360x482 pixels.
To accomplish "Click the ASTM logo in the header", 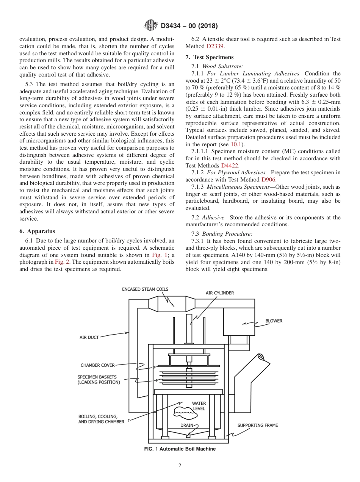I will click(x=152, y=26).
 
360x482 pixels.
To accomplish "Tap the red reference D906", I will click(x=269, y=179).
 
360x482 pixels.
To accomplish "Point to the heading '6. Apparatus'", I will click(x=37, y=231).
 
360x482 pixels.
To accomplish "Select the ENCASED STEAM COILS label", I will click(x=145, y=289).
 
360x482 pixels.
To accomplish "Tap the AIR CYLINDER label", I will click(x=220, y=293).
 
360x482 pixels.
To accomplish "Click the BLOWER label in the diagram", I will click(x=274, y=321).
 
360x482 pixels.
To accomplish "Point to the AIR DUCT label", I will click(x=89, y=337).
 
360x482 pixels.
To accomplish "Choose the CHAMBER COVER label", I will click(x=97, y=365).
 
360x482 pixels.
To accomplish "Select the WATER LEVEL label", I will click(x=199, y=406).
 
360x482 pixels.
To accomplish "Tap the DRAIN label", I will click(x=187, y=425).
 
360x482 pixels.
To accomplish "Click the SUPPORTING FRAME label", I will click(x=258, y=425).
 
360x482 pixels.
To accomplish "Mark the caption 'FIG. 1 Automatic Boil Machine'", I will click(x=180, y=449).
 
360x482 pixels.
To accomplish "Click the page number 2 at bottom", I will click(x=180, y=466).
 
